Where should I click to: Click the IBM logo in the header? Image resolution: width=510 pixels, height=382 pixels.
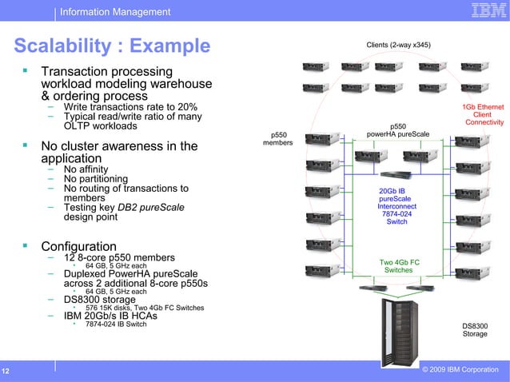[x=485, y=11]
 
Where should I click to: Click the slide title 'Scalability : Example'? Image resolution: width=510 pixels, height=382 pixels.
[x=112, y=46]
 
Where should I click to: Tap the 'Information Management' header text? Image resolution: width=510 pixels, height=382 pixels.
[x=115, y=12]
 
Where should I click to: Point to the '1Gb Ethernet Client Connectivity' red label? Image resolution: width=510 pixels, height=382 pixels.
[x=483, y=114]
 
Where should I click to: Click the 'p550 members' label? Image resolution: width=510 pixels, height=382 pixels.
[x=279, y=138]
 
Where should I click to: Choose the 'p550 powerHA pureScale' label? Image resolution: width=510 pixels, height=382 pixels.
[x=397, y=129]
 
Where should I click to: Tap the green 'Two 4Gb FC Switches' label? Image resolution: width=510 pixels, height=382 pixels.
[x=399, y=266]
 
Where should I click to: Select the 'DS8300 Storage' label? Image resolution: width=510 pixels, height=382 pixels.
[x=475, y=329]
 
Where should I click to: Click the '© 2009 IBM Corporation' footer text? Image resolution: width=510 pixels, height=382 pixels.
[x=459, y=370]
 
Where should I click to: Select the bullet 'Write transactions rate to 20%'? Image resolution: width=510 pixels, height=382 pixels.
[x=130, y=107]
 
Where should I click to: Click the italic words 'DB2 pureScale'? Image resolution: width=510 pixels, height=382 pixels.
[x=151, y=208]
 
